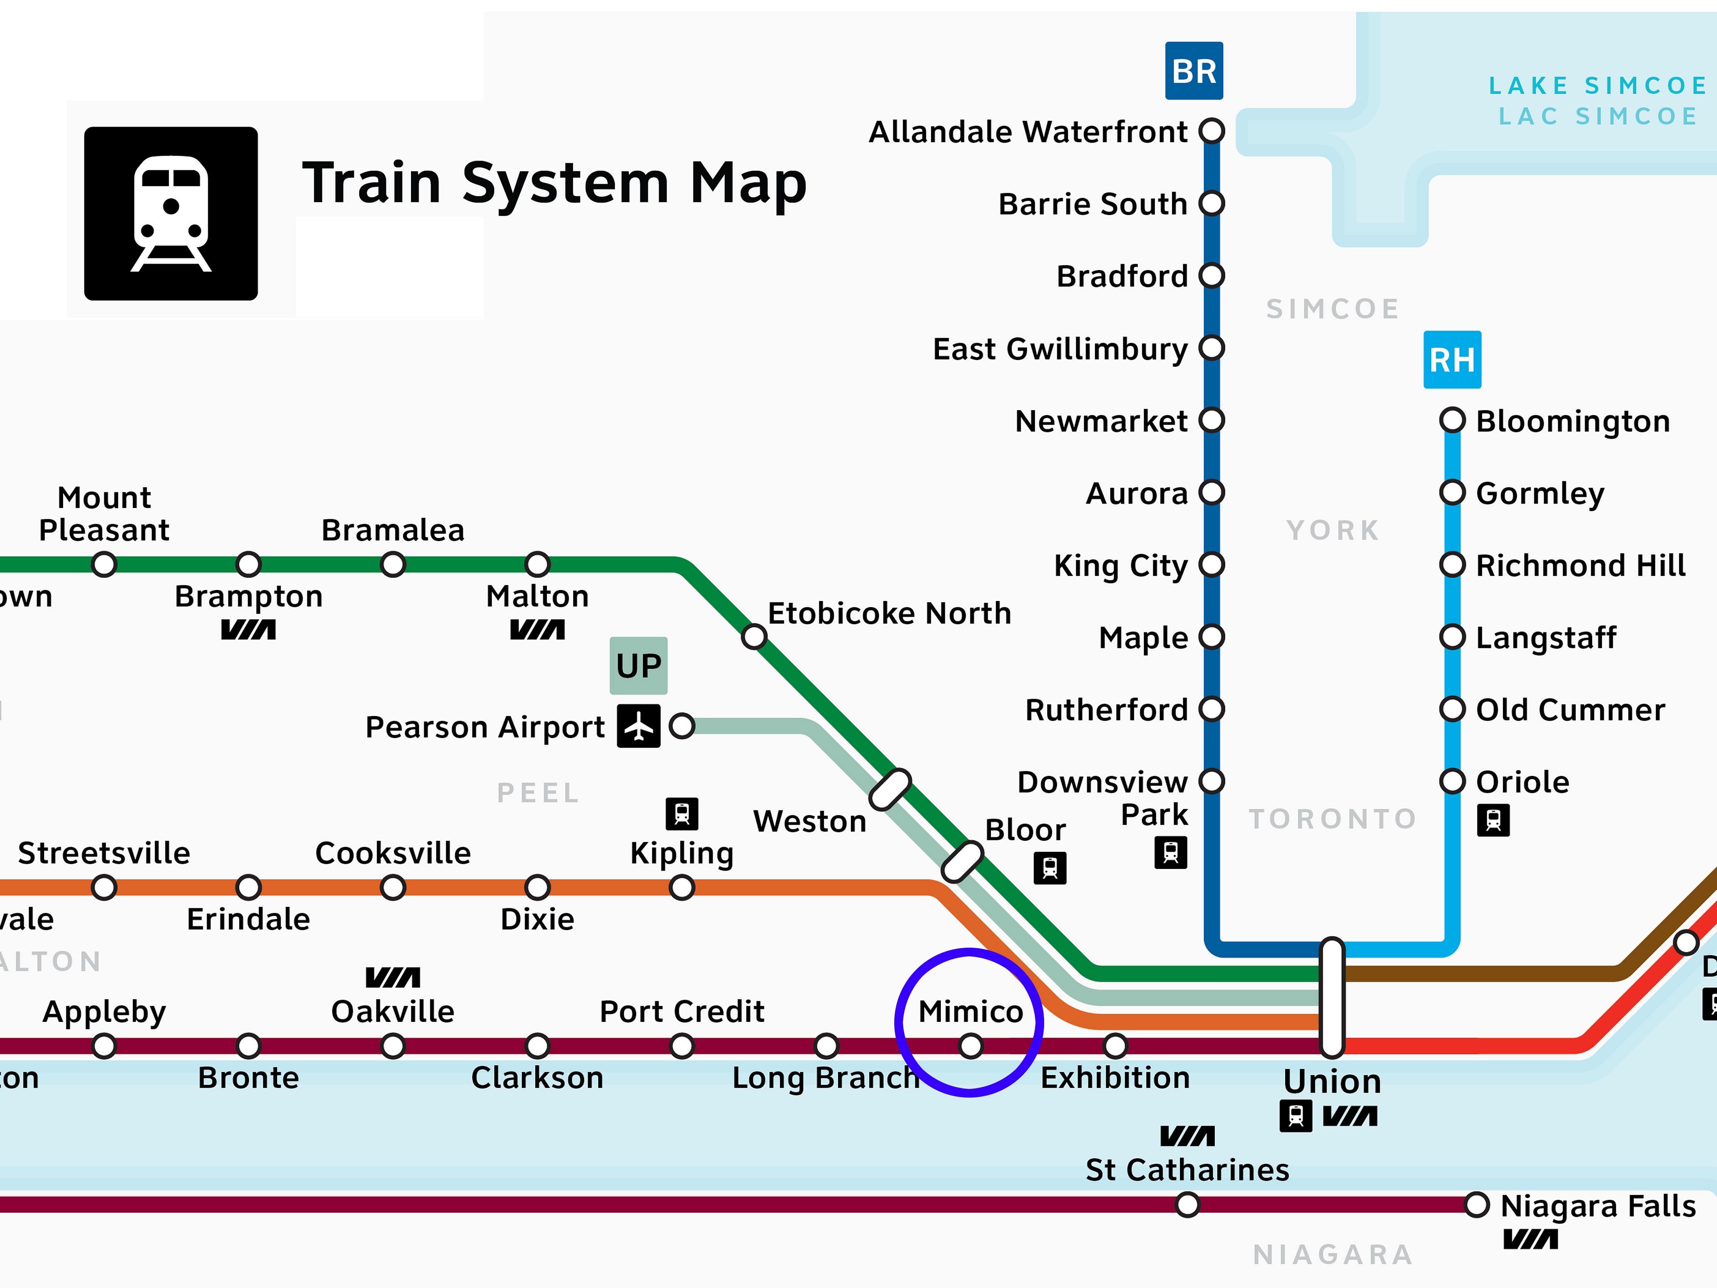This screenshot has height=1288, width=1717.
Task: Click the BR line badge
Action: [1194, 71]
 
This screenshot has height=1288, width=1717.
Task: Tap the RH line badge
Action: [1451, 360]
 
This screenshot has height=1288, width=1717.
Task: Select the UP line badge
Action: [638, 665]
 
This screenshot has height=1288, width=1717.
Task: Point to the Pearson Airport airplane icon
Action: [638, 726]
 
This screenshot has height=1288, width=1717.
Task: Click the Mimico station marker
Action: [970, 1046]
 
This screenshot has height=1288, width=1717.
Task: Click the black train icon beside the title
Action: [171, 213]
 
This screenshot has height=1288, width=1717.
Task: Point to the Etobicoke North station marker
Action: [754, 637]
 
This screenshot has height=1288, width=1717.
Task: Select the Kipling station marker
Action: [681, 886]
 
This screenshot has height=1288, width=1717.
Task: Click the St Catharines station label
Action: [1187, 1169]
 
